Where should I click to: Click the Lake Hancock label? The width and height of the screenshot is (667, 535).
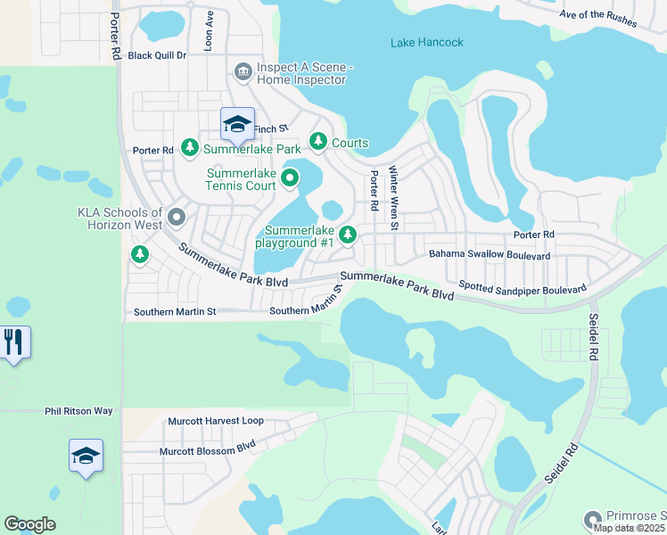pos(426,42)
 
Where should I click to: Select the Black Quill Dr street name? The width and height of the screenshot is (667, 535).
pos(157,55)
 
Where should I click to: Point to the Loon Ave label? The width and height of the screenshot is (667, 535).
pos(209,30)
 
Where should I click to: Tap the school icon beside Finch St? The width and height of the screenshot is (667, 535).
pos(237,124)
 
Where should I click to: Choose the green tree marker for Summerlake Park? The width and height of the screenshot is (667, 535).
pos(189,147)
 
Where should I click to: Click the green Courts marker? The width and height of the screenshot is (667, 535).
pos(318,141)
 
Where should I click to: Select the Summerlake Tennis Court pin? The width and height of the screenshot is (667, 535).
pos(289,179)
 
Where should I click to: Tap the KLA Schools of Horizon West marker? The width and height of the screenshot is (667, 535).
pos(177,217)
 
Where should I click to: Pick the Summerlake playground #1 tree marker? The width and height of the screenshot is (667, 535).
pos(349,235)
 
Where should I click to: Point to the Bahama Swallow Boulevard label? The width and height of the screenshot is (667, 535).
pos(490,255)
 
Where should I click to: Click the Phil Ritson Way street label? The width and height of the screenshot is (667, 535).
pos(79,411)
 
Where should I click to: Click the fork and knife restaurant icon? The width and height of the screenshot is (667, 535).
pos(13,342)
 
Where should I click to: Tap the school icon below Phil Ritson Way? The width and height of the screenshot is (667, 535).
pos(86,456)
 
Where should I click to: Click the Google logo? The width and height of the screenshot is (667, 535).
pos(29,524)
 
